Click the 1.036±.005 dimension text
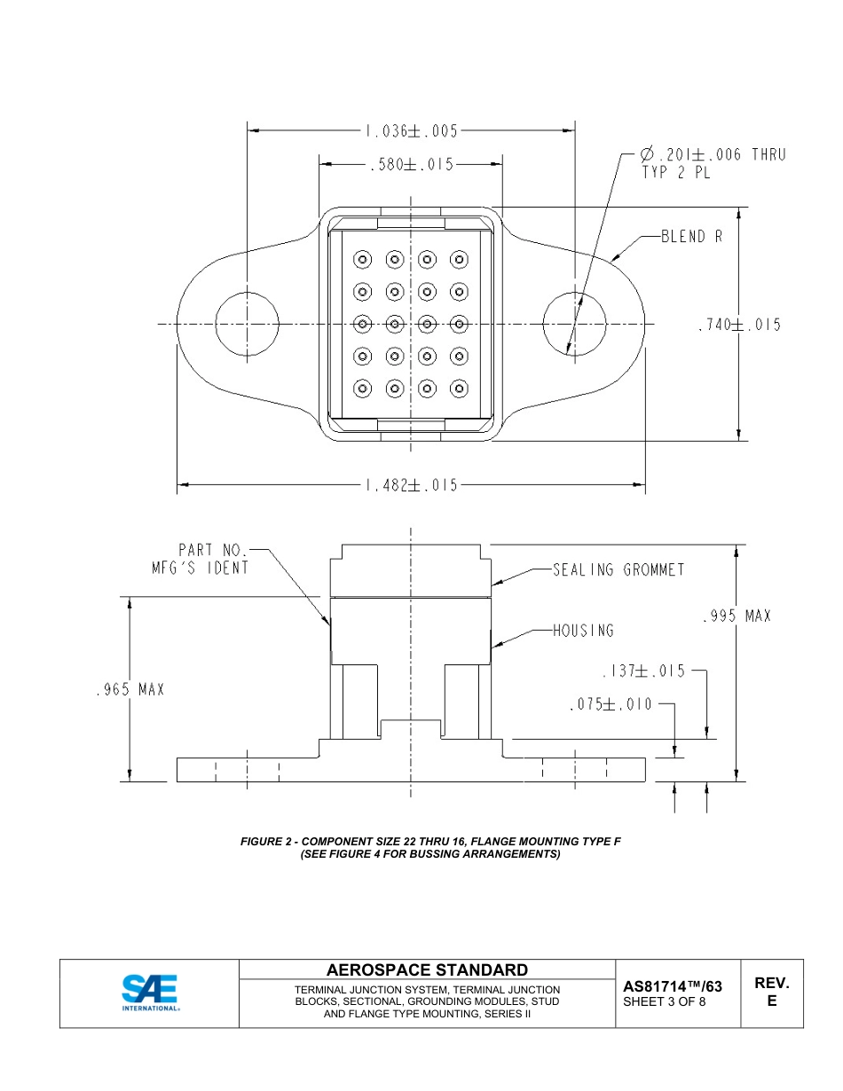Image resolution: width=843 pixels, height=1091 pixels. (x=410, y=131)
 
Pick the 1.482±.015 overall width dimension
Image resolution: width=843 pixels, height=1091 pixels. (x=410, y=485)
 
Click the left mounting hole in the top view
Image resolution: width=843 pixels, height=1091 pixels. (x=247, y=324)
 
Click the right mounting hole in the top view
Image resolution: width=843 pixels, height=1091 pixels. (x=575, y=324)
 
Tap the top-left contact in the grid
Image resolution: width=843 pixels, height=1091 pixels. (x=362, y=260)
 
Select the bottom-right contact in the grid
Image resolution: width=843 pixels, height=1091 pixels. (x=459, y=388)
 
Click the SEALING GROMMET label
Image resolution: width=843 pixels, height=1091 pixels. (x=618, y=569)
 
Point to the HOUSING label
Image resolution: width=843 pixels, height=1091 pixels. (x=583, y=631)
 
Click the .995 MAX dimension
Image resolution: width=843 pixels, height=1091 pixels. (x=736, y=616)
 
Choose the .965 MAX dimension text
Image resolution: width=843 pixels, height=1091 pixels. (x=130, y=689)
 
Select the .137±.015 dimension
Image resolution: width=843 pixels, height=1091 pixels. (x=643, y=671)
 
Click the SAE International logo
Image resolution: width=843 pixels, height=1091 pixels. (x=150, y=993)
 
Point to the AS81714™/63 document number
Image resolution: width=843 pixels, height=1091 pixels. (x=673, y=985)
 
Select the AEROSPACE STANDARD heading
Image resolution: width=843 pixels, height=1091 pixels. (x=427, y=969)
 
